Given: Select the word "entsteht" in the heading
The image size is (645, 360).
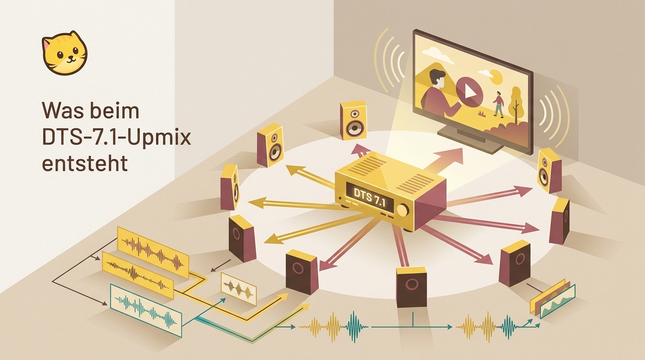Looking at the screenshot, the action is click(x=85, y=163).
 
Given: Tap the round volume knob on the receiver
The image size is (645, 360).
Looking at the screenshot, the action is click(x=403, y=210).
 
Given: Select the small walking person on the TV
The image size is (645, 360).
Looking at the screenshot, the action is click(x=499, y=104).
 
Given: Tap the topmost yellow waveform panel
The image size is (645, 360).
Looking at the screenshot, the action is click(x=153, y=252).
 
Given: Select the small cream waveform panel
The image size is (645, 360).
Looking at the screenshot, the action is click(x=239, y=289).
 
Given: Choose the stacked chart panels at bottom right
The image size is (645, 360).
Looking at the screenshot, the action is click(x=552, y=299).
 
